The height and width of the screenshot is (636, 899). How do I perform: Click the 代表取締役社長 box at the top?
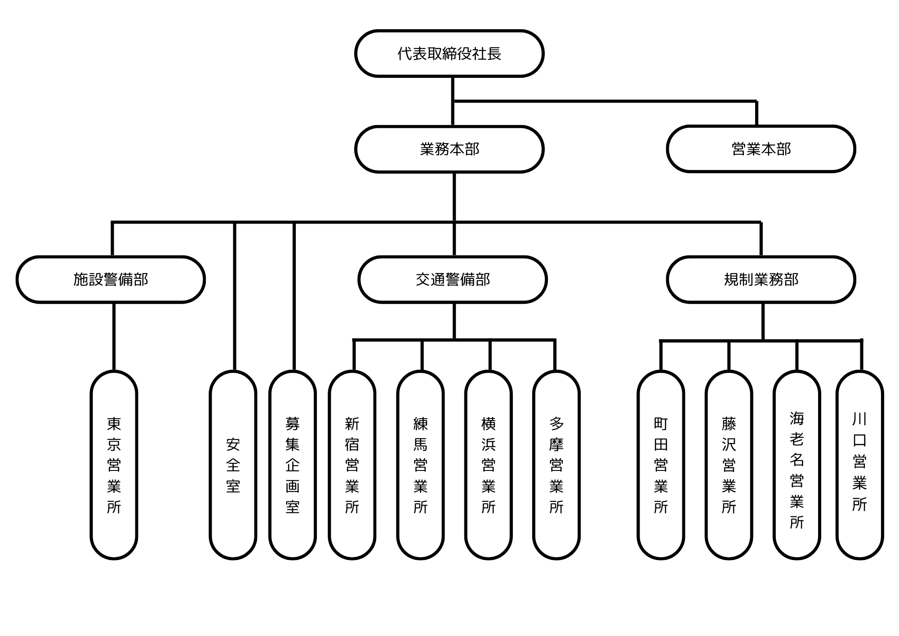[x=449, y=54]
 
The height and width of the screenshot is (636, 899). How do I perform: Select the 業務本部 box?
[x=449, y=149]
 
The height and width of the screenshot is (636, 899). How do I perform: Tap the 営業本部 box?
[x=761, y=149]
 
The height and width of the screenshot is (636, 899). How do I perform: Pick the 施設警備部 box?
[x=111, y=279]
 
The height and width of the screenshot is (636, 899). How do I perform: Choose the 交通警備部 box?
[x=452, y=279]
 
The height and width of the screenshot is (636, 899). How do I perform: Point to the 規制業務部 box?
[x=761, y=279]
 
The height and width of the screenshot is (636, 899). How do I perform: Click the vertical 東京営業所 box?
[x=114, y=465]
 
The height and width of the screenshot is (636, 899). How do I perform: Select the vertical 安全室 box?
[x=233, y=465]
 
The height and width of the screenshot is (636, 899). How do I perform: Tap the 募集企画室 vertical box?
[x=292, y=465]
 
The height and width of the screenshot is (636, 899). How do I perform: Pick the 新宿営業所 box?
[x=352, y=465]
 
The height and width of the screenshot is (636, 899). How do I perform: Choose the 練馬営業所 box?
[x=420, y=465]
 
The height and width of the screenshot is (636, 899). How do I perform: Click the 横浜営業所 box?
[x=488, y=465]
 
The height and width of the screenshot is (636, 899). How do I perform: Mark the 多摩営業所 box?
[x=556, y=465]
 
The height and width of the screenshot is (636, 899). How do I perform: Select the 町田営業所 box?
[x=661, y=465]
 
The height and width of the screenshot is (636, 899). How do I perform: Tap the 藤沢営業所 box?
[x=729, y=465]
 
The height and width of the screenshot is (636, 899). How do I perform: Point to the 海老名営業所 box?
[x=797, y=465]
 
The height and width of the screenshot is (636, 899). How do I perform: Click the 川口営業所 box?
[x=859, y=465]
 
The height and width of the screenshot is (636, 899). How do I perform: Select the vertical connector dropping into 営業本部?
[x=757, y=113]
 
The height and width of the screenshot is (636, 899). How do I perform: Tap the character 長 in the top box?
[x=494, y=54]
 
